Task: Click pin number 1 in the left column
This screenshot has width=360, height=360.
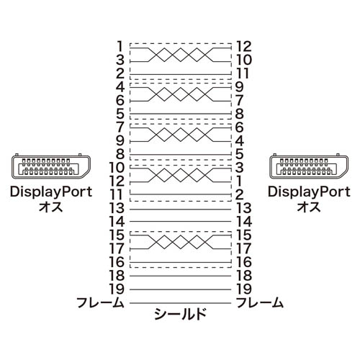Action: [120, 46]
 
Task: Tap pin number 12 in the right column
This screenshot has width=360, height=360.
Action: [244, 46]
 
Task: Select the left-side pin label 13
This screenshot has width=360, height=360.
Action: [117, 208]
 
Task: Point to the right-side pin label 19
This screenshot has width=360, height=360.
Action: [244, 289]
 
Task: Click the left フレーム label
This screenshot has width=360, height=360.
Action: [100, 302]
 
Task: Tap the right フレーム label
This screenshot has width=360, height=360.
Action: [260, 302]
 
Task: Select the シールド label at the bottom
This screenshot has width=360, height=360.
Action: [180, 314]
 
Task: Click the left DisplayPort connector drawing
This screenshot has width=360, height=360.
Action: [51, 167]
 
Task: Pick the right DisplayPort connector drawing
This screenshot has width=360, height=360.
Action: [309, 167]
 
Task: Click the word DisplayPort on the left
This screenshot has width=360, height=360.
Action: [51, 192]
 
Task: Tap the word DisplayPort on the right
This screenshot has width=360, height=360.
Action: [309, 192]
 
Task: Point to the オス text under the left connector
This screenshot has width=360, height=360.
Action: [51, 207]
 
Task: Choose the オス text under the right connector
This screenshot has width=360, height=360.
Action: [309, 207]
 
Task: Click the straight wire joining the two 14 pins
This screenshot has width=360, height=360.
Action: [180, 221]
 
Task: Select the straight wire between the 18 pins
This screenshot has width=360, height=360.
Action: [180, 276]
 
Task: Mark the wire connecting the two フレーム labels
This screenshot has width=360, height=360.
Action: [180, 303]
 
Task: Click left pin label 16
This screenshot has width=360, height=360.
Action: [117, 262]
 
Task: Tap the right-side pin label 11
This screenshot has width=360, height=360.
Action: [243, 73]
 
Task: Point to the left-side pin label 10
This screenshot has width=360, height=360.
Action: [117, 167]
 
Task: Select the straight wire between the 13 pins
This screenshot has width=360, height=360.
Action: [180, 210]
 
